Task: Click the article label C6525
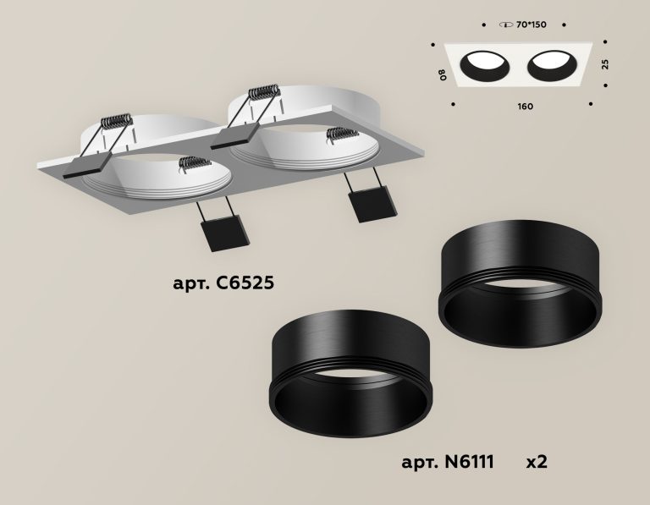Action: click(223, 283)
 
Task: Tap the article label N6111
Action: click(448, 462)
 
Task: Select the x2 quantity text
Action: click(537, 462)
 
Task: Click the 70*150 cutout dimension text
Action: click(532, 25)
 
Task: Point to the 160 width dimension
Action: click(526, 107)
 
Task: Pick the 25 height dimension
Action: click(606, 64)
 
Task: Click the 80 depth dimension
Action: click(443, 74)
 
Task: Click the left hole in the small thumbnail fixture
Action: click(485, 66)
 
